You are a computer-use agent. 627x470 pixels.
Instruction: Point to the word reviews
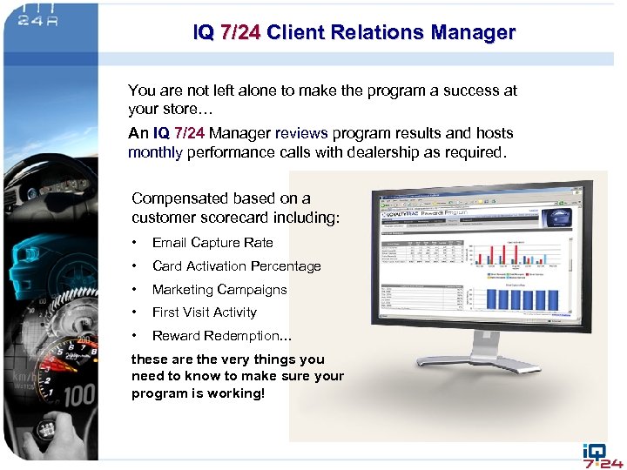tap(301, 133)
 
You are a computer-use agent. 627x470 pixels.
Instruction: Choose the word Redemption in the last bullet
tap(240, 336)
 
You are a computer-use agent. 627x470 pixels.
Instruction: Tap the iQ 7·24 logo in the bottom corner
tap(602, 453)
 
